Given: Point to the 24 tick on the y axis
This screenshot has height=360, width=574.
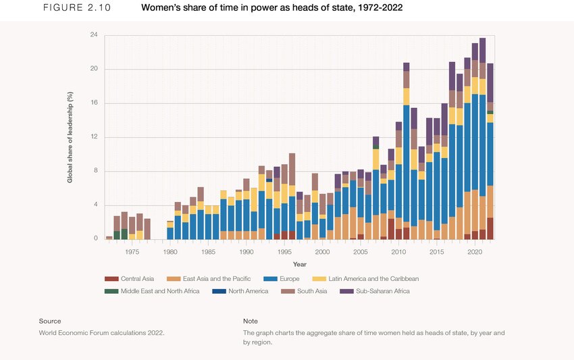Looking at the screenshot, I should point(94,34).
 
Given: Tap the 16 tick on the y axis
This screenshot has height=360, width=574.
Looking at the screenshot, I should point(94,103).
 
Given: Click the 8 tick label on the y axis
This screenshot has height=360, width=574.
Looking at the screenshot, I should point(95,171).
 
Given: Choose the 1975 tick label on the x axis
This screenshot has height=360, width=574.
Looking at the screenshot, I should point(132,251).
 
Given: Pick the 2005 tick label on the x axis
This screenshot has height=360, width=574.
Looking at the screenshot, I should point(361,251).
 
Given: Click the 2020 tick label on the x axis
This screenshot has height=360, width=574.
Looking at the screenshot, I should point(475,251).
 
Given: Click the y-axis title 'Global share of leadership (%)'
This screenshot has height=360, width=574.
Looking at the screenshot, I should point(70,137).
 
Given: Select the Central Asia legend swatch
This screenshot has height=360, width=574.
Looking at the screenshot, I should point(111,279).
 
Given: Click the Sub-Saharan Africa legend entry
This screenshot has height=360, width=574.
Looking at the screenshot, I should point(374,291).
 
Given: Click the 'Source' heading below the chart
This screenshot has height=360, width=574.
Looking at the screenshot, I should point(50,321).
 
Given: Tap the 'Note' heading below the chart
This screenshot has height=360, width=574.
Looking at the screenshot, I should point(250,321).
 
